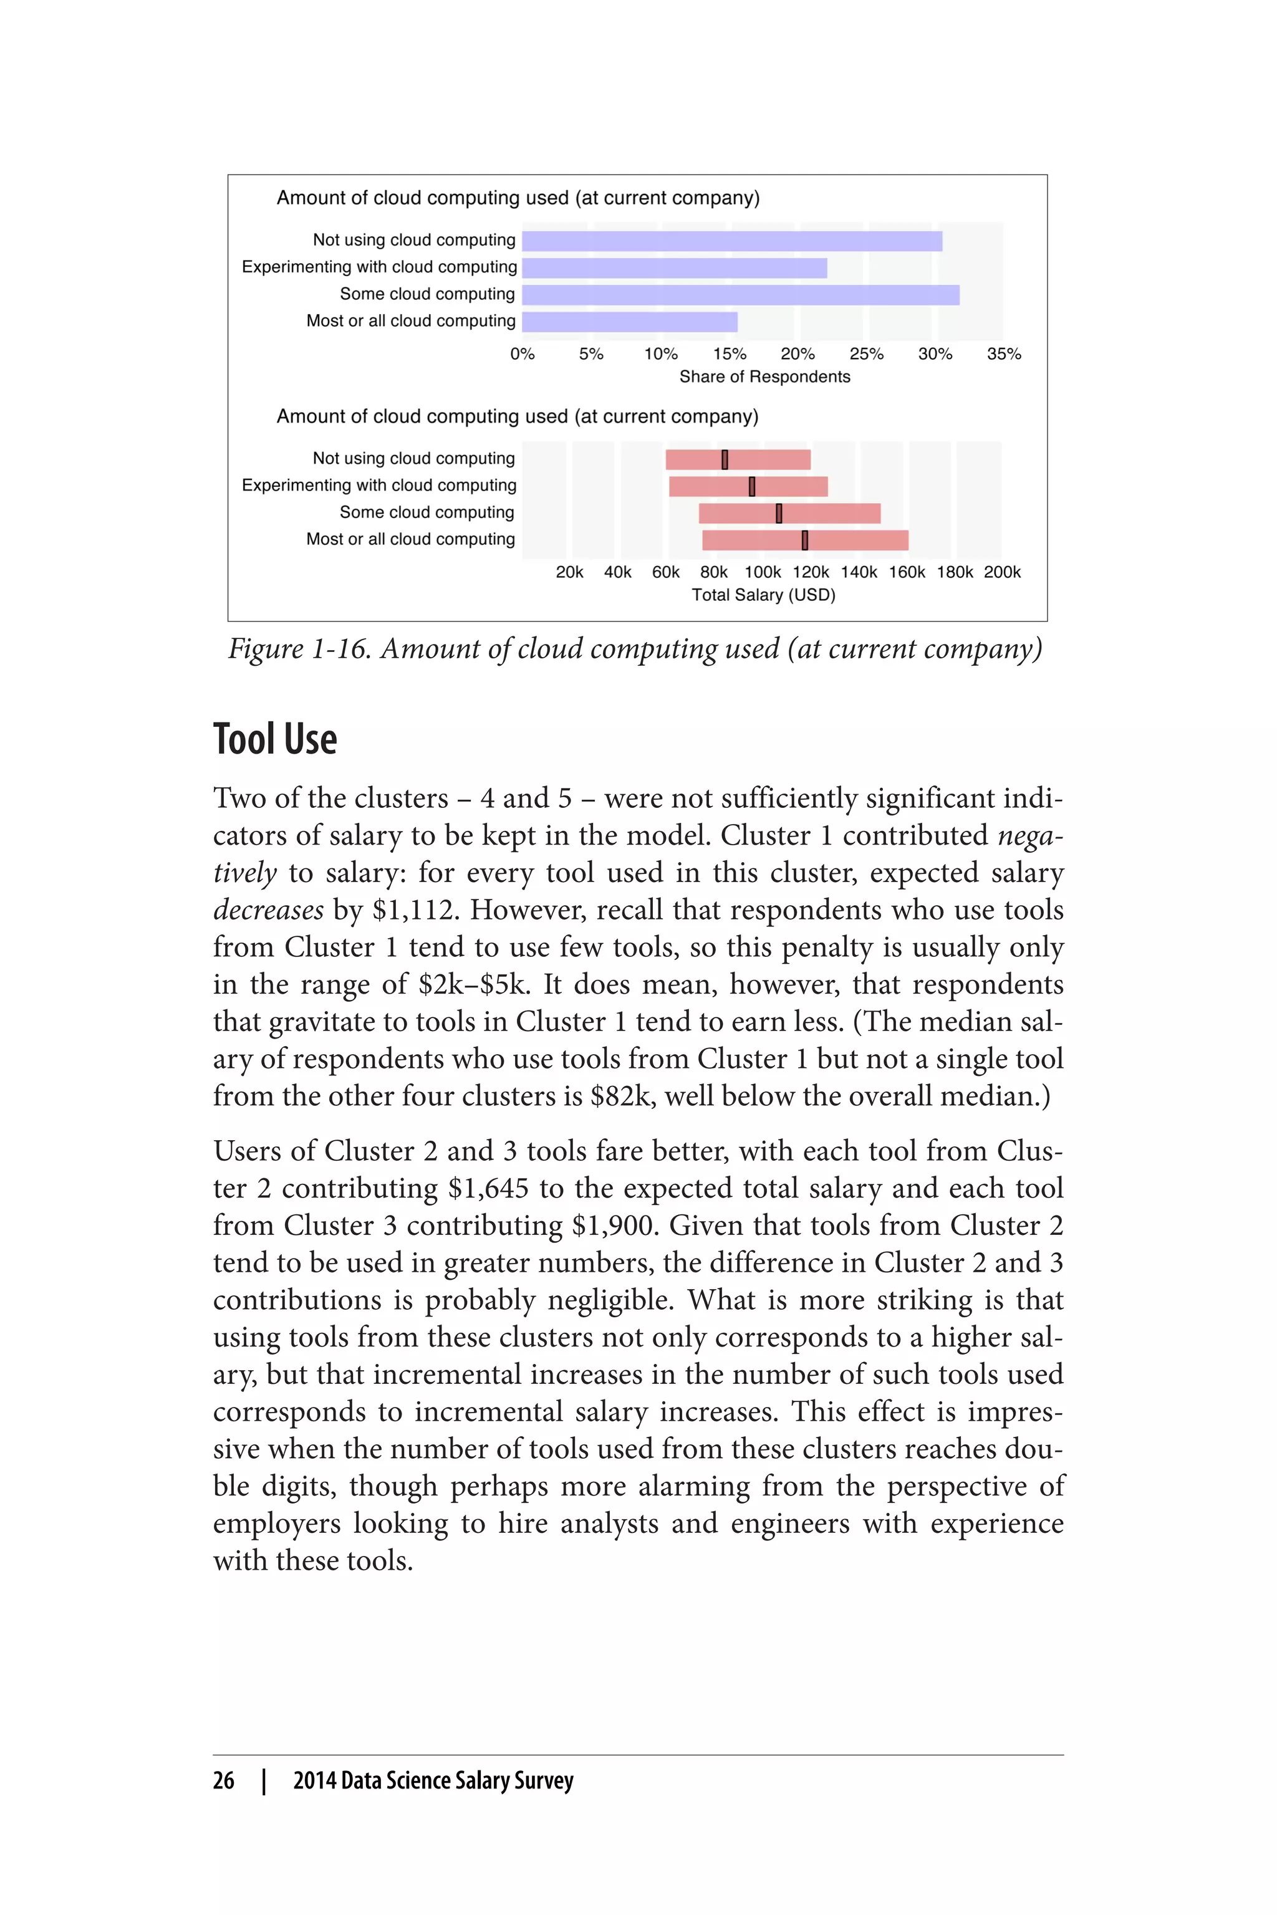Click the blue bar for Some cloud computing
coord(740,295)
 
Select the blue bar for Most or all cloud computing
coord(630,322)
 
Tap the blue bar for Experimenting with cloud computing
coord(674,268)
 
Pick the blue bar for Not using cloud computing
coord(731,241)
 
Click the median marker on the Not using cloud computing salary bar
coord(725,460)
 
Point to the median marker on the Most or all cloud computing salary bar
coord(804,540)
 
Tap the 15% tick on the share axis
coord(730,354)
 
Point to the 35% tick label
coord(1003,354)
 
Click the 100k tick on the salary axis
coord(763,572)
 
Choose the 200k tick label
coord(1002,572)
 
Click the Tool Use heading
coord(275,739)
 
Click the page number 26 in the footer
coord(223,1780)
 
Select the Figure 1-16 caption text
coord(634,649)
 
